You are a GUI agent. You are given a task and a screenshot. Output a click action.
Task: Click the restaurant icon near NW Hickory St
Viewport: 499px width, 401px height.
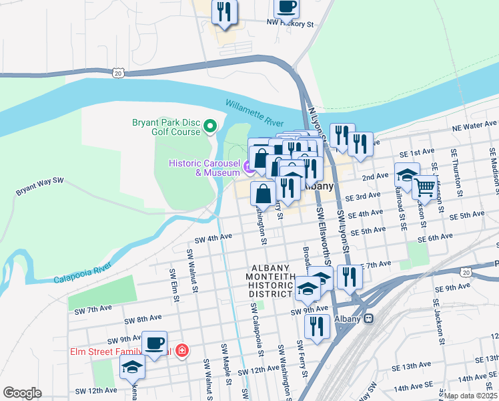223,11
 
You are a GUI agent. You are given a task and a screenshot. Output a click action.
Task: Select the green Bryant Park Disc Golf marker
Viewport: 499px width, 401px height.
210,126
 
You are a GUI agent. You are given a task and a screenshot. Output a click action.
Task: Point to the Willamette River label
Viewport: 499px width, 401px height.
254,113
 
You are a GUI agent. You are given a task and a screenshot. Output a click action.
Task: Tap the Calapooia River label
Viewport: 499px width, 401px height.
81,278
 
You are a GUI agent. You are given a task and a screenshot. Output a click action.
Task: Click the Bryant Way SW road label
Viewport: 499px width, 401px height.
39,186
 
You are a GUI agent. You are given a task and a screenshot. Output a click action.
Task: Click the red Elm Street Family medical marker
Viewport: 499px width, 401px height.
181,351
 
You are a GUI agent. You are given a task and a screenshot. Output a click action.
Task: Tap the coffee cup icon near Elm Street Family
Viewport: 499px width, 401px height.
155,343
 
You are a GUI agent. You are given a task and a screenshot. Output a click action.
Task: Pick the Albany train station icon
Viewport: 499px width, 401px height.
368,318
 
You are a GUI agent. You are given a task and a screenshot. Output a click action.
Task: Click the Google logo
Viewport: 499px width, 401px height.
22,392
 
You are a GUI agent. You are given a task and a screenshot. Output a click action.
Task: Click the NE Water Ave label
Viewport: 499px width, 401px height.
474,125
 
